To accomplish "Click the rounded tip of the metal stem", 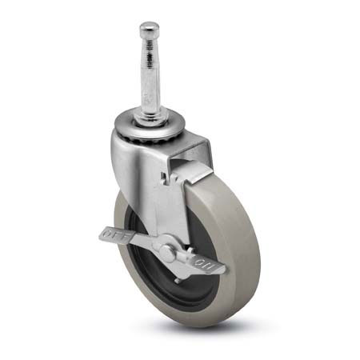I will (149, 28).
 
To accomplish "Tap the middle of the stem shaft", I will (150, 80).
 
